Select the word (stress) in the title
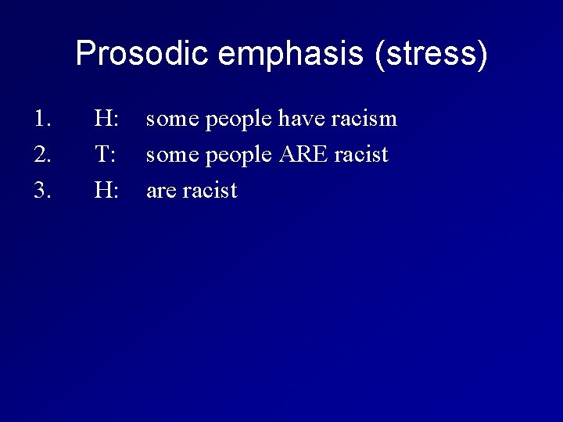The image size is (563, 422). (x=431, y=54)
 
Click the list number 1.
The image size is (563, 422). (x=42, y=120)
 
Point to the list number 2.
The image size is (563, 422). (x=42, y=155)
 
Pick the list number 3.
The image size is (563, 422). (x=42, y=190)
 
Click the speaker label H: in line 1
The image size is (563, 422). (x=106, y=120)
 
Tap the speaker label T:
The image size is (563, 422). (x=106, y=155)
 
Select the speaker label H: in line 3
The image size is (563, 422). (x=106, y=190)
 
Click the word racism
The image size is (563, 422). (x=364, y=120)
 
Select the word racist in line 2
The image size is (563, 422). (x=361, y=155)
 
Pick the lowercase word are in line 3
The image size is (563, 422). (x=161, y=191)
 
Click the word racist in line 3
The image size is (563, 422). (x=210, y=190)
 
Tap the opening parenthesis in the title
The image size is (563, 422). (x=381, y=54)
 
